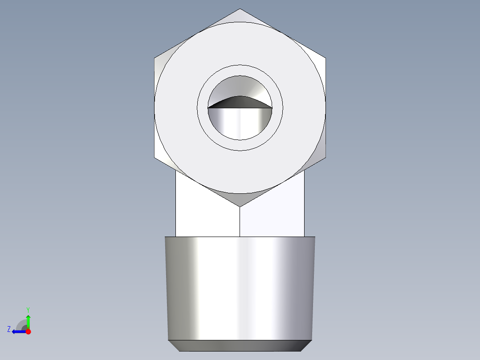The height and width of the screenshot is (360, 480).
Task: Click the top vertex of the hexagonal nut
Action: click(240, 9)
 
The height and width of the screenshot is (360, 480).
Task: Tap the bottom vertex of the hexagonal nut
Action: click(240, 206)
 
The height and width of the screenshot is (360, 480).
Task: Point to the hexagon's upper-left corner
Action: click(155, 58)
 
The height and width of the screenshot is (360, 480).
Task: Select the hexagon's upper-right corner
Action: click(325, 58)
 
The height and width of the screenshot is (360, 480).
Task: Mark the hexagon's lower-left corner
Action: click(155, 157)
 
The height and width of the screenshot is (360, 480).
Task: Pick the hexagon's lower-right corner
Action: click(325, 157)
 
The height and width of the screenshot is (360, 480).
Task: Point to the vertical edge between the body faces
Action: click(240, 221)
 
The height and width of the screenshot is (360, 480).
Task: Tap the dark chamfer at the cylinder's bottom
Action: click(240, 345)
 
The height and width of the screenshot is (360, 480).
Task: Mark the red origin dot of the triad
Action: click(28, 331)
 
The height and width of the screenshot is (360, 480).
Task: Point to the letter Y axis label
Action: click(28, 309)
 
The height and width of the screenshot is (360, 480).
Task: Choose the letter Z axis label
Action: click(9, 329)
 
